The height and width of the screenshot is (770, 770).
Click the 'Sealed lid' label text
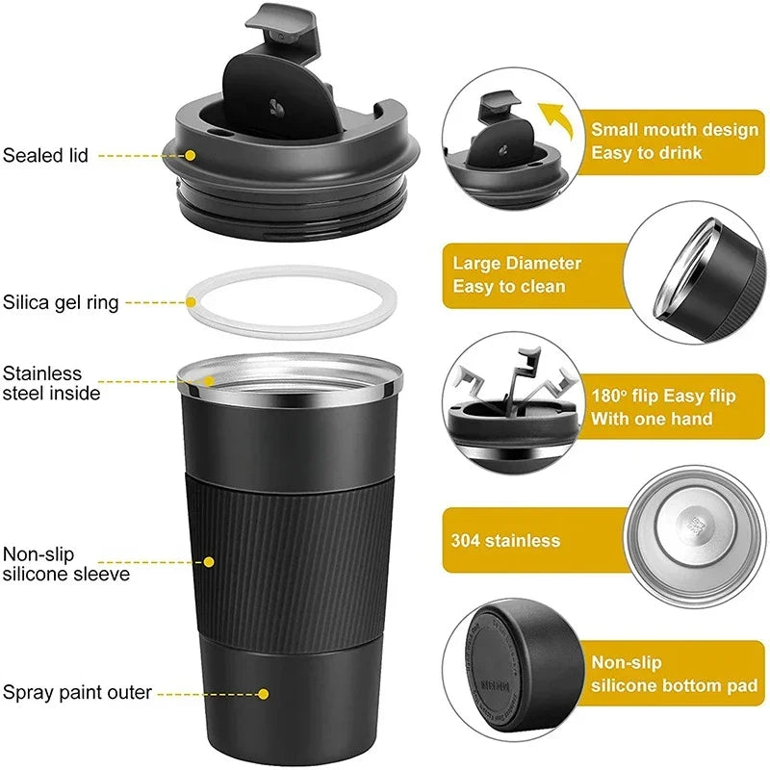[45, 154]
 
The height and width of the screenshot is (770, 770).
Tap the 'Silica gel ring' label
[61, 302]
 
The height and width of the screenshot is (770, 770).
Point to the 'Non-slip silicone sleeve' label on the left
[65, 564]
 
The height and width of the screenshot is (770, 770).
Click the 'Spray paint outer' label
[76, 691]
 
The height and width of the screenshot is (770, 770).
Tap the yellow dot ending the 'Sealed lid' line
[191, 154]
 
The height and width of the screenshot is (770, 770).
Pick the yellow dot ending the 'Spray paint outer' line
[263, 692]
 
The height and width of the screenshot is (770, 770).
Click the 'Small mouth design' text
[674, 129]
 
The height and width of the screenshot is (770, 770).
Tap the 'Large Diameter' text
[517, 263]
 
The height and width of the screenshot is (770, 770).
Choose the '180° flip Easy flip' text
[663, 395]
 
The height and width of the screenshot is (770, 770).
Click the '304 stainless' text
[505, 540]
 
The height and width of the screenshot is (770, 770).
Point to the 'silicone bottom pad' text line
[669, 685]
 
